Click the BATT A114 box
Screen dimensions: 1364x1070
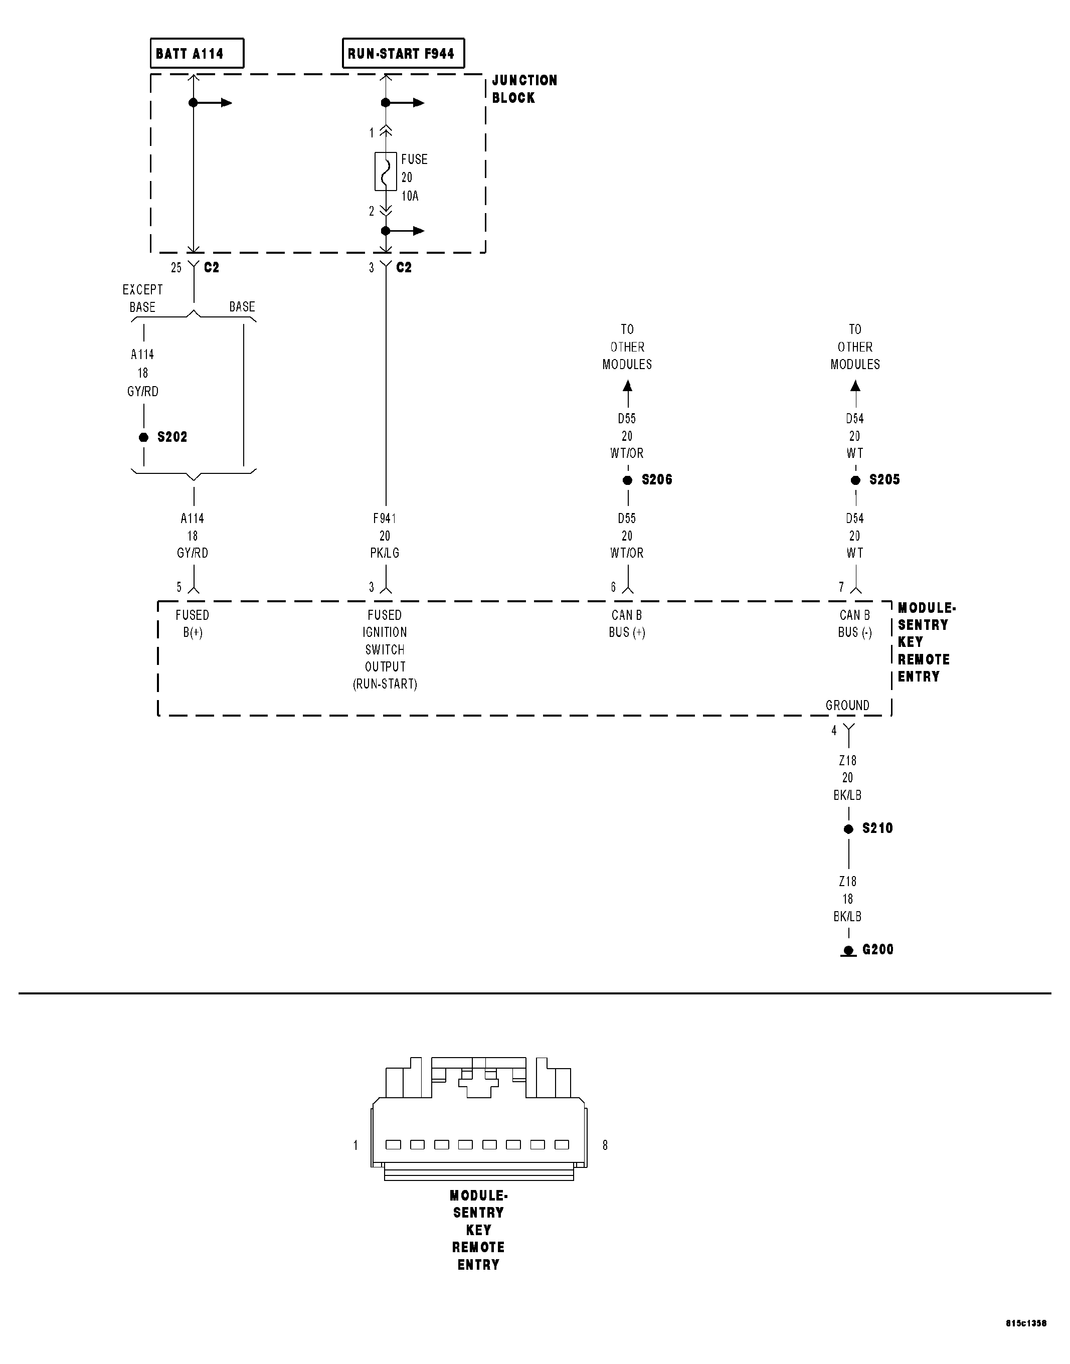pos(197,53)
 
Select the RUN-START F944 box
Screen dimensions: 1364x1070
pos(403,53)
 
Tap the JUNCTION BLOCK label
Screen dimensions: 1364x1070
pos(524,89)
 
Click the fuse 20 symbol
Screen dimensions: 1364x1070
pos(385,171)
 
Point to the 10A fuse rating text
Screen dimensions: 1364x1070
pos(410,196)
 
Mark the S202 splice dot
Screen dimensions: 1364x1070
pos(144,437)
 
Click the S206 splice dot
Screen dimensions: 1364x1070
pos(628,480)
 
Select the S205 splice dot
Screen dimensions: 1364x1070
pos(856,480)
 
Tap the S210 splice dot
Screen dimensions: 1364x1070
pos(849,829)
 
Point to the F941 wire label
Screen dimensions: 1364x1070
pos(385,519)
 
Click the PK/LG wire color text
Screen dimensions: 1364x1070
pos(385,553)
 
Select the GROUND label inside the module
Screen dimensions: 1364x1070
pos(847,706)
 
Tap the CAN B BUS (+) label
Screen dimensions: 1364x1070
pos(627,624)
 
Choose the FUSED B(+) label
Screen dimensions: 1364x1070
pos(193,624)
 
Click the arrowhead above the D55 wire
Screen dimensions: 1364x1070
pos(628,386)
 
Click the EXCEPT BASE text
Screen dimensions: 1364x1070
pos(142,298)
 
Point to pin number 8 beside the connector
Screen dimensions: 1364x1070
pos(605,1145)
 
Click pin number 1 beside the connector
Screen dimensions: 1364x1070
pos(355,1145)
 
